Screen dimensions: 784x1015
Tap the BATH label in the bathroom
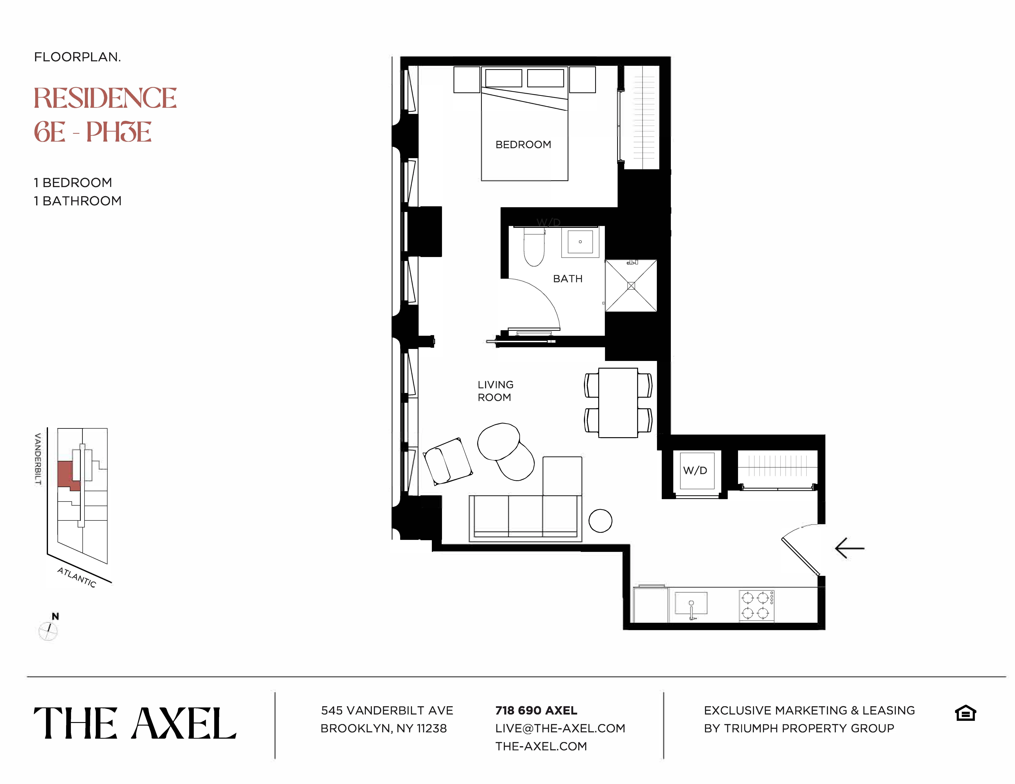567,279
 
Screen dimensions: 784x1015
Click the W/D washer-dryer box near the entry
696,471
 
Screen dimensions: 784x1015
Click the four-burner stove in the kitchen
756,605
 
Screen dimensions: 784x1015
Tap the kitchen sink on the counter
691,604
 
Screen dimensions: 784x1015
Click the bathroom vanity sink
580,242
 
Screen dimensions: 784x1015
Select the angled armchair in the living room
448,461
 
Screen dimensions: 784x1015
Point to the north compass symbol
48,630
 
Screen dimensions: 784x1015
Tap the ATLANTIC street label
77,577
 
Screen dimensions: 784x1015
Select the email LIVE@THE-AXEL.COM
560,728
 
